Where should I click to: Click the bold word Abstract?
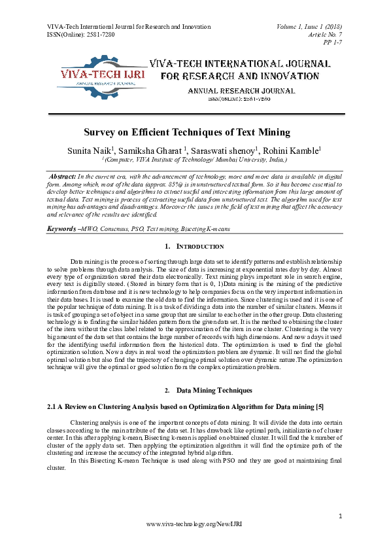(63, 177)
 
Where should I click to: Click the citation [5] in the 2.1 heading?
(319, 407)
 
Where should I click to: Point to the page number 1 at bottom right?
(341, 517)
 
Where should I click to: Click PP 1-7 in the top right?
(333, 42)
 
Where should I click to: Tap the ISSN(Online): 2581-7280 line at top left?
(81, 34)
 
